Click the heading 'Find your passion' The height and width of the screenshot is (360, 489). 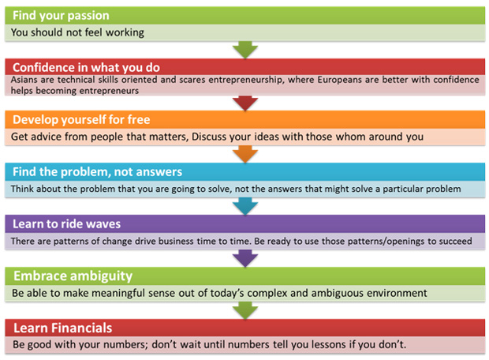(61, 16)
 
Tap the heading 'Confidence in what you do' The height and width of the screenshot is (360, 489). (86, 67)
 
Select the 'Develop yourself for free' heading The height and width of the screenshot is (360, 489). (81, 120)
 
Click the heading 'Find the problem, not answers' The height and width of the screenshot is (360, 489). (97, 172)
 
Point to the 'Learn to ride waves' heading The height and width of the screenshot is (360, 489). (66, 224)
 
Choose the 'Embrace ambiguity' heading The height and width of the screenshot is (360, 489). (73, 276)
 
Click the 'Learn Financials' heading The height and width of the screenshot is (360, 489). (62, 328)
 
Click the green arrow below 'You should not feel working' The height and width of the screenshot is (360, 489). (245, 50)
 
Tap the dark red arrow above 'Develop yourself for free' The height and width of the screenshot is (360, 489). (245, 103)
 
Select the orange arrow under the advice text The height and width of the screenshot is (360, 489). (245, 154)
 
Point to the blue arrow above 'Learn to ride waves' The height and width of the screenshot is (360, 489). (245, 206)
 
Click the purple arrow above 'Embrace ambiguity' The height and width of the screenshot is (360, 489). (245, 258)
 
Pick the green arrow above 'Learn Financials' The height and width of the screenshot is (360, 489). (245, 311)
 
